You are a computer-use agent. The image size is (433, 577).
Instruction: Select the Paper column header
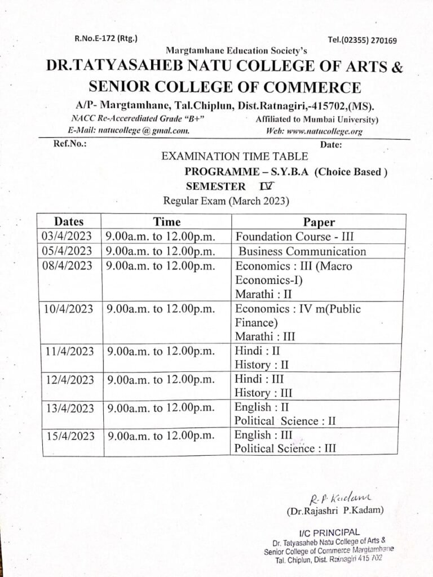[x=319, y=222]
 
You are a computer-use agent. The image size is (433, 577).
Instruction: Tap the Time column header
[x=167, y=222]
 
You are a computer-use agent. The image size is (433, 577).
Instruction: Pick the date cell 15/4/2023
[x=68, y=436]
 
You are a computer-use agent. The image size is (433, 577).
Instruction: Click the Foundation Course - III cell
[x=294, y=237]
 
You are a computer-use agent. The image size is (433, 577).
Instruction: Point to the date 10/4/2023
[x=67, y=309]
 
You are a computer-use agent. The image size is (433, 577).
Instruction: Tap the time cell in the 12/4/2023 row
[x=161, y=379]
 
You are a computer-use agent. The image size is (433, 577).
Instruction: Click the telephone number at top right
[x=362, y=41]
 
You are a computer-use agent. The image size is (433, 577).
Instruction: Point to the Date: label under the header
[x=331, y=145]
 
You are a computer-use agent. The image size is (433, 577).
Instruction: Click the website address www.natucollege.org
[x=313, y=131]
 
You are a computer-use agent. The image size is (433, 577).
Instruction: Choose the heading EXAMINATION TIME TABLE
[x=235, y=157]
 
